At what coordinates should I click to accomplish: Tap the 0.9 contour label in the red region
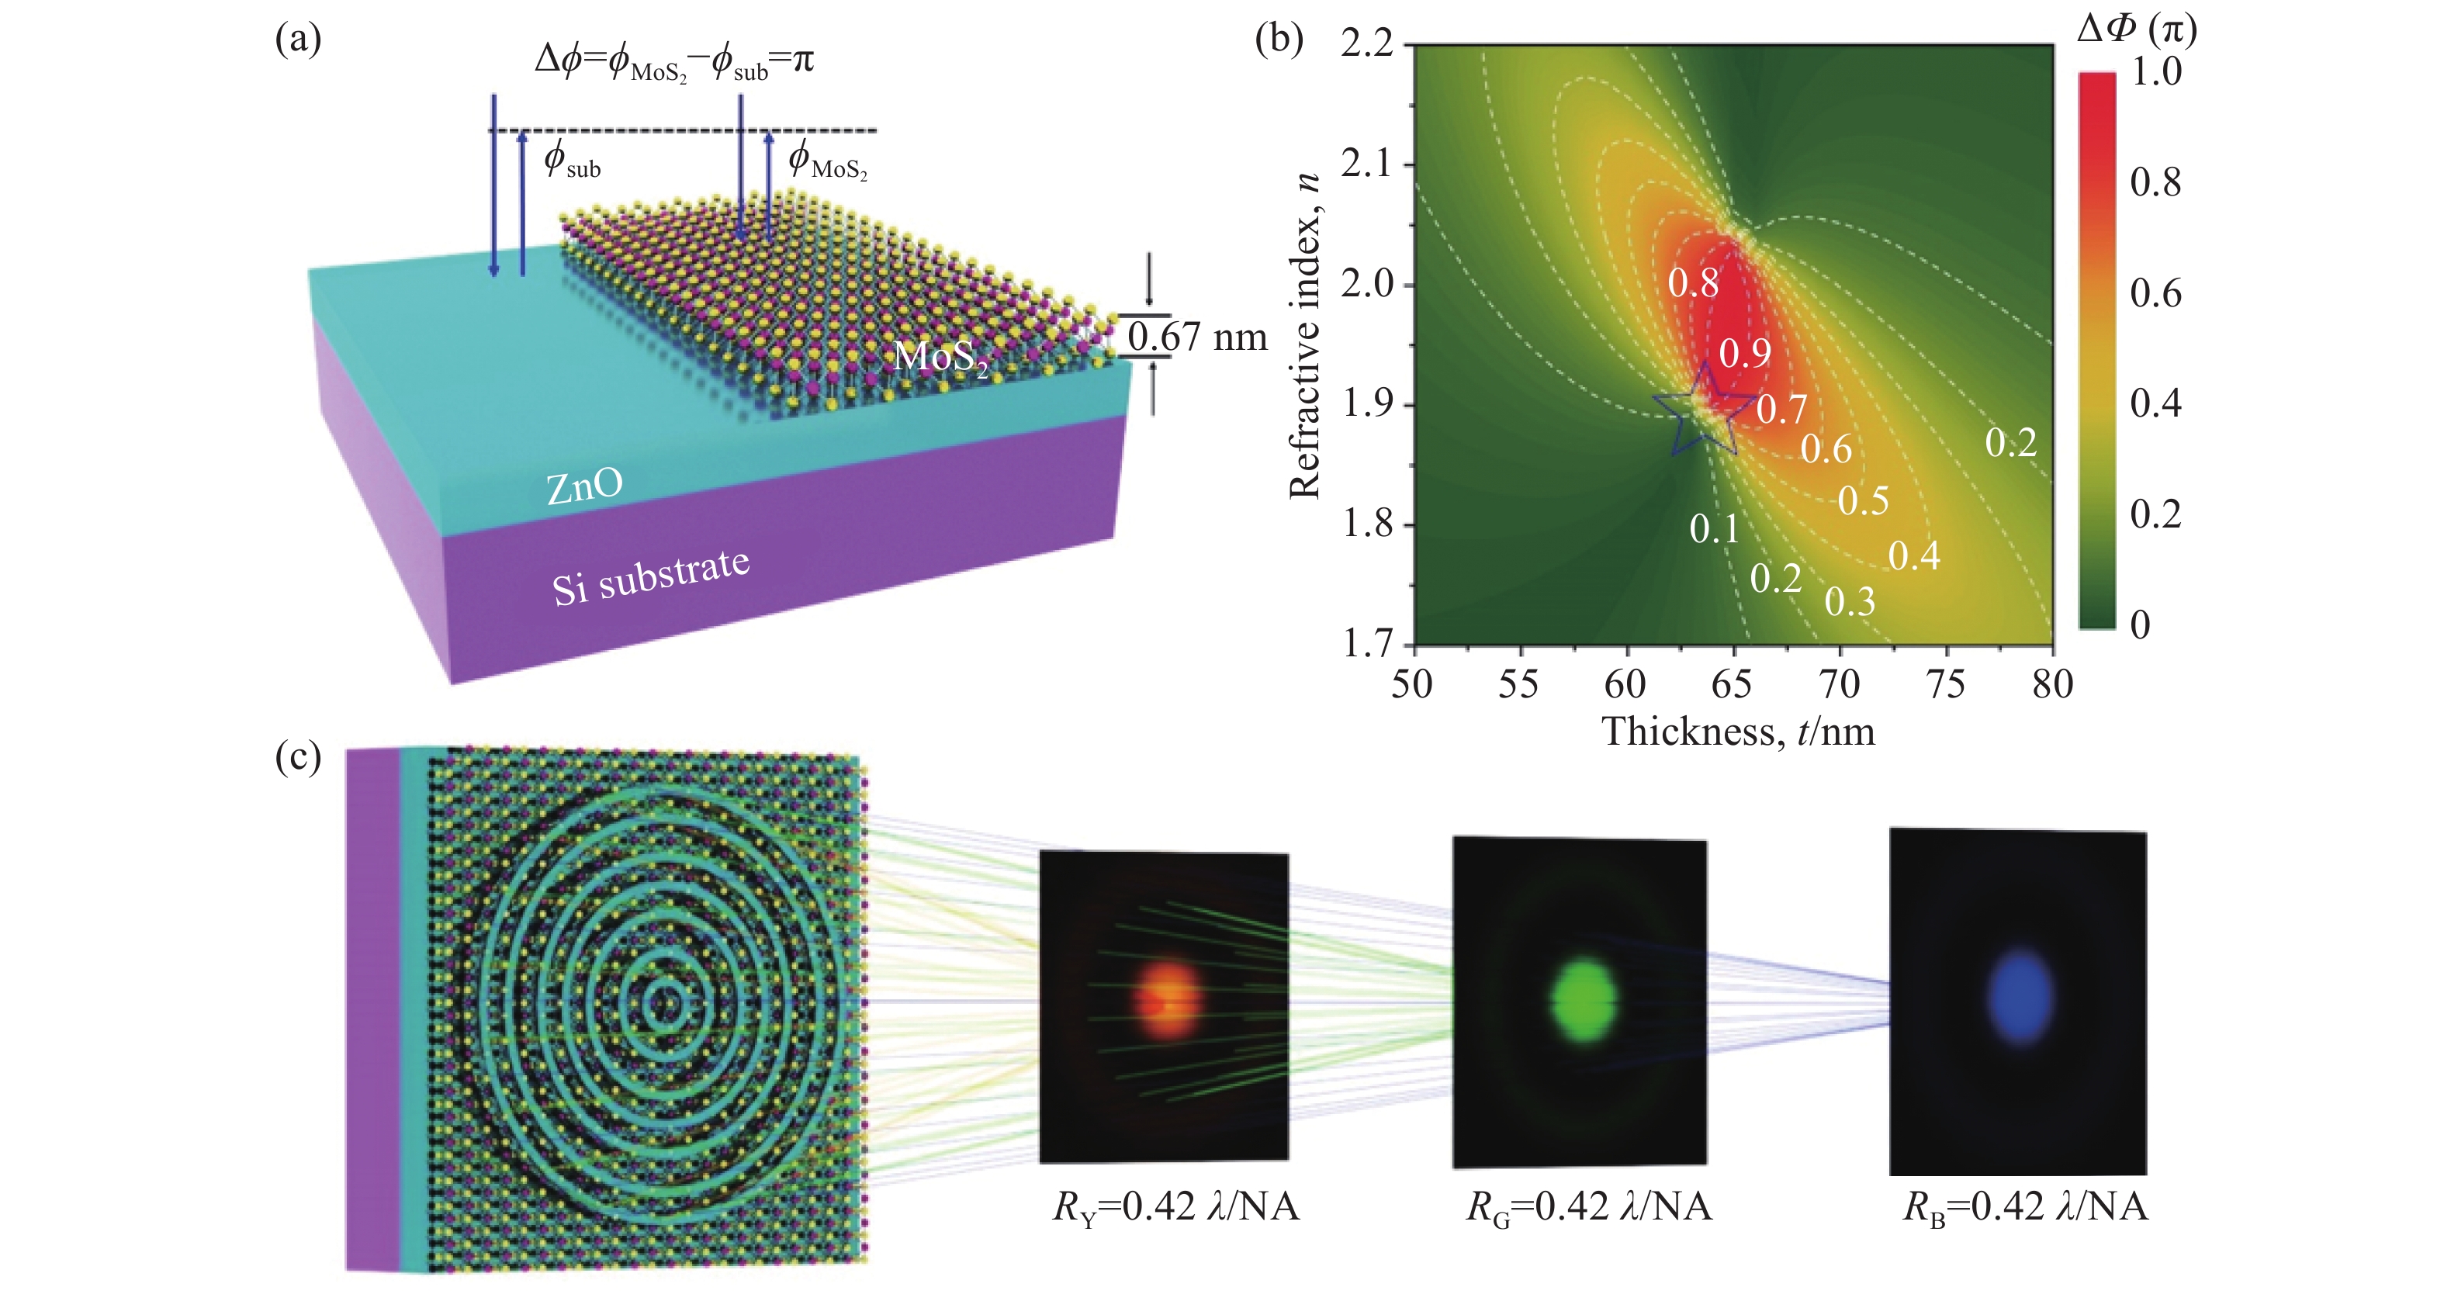1745,354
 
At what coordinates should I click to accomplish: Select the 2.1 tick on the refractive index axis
1366,164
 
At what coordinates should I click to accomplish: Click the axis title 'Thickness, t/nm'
1738,732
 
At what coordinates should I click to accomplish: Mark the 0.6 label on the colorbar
2155,293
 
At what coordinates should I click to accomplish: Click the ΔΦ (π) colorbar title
2137,29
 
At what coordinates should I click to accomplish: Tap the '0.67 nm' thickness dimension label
1197,337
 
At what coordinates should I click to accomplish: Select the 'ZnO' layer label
584,486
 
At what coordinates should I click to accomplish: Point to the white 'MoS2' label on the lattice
941,357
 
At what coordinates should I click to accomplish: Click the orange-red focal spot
1167,1000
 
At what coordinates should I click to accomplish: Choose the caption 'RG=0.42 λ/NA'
1589,1208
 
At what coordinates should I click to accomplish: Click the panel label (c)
298,757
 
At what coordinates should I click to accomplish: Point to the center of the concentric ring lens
663,1003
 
